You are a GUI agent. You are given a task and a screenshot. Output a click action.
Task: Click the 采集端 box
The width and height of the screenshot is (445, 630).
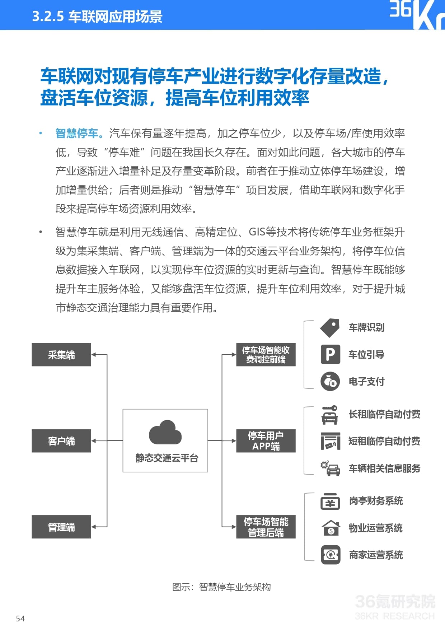[x=61, y=355]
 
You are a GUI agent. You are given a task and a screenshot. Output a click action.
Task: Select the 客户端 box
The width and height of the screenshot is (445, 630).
[x=61, y=441]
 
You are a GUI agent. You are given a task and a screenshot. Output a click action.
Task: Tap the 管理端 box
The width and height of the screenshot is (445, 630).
[x=61, y=527]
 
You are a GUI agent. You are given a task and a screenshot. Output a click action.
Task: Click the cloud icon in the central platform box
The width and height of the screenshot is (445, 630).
[x=165, y=432]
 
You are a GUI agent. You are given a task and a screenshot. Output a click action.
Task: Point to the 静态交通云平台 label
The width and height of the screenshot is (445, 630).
[x=167, y=458]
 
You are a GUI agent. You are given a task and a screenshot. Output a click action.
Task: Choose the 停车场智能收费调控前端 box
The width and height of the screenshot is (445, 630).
[x=266, y=355]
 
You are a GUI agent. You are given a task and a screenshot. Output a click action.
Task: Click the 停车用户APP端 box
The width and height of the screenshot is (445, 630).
[x=266, y=441]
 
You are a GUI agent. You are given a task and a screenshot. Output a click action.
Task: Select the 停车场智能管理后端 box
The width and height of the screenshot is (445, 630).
[x=266, y=527]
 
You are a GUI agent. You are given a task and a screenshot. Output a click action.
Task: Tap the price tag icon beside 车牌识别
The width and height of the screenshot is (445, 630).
[x=330, y=328]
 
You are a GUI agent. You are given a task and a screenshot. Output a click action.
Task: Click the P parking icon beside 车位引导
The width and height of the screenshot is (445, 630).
[x=330, y=354]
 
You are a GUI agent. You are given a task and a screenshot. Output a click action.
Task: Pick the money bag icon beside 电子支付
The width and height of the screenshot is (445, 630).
[x=330, y=381]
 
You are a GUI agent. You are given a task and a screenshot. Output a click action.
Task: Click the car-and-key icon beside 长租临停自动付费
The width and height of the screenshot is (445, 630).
[x=330, y=415]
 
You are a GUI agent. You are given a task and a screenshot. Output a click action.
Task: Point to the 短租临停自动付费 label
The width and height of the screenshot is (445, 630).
[x=384, y=441]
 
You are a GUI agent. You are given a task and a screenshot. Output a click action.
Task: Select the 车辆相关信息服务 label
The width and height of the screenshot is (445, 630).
[x=384, y=468]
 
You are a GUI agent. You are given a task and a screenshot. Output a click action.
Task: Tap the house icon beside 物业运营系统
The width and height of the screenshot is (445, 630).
[x=331, y=528]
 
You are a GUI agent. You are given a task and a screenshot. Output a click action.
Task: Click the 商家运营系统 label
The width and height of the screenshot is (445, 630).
[x=376, y=555]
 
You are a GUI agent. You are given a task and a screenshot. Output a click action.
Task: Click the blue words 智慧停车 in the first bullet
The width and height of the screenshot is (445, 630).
[x=77, y=134]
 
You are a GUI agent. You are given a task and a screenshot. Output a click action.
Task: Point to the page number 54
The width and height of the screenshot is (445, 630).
[x=20, y=619]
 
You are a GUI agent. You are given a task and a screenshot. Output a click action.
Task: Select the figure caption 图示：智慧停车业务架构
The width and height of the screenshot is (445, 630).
[x=221, y=587]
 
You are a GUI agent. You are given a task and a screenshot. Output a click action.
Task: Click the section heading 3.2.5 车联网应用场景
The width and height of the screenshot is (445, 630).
[x=97, y=17]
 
